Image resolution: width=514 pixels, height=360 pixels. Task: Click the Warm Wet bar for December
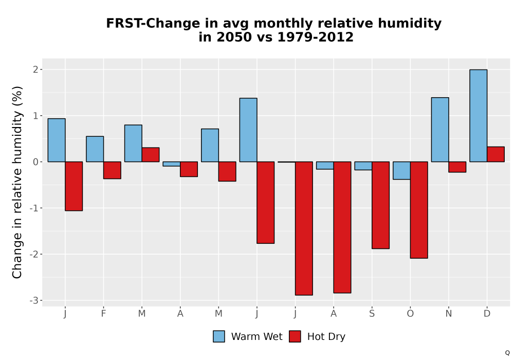tap(478, 116)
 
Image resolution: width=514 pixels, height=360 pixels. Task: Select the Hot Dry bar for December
tap(495, 154)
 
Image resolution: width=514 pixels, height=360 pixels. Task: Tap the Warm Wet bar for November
tap(440, 130)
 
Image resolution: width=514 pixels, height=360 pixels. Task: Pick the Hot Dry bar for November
tap(457, 167)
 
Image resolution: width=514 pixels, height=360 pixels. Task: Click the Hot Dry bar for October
tap(419, 210)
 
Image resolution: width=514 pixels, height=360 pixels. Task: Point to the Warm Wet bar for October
tap(401, 171)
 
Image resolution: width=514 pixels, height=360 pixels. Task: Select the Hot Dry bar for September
tap(380, 205)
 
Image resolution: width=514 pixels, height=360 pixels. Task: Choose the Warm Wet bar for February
tap(95, 149)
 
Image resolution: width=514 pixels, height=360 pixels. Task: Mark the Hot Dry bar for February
tap(112, 170)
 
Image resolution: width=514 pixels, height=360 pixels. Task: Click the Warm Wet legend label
tap(256, 336)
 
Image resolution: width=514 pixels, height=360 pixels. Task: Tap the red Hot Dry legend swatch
tap(295, 336)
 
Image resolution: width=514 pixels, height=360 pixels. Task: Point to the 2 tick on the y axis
tap(35, 69)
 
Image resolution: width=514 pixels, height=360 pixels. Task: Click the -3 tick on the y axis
tap(34, 301)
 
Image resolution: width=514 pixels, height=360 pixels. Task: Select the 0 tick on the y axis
tap(35, 162)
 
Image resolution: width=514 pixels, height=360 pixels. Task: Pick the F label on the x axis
tap(104, 314)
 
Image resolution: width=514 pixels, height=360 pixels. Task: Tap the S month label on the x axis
tap(372, 314)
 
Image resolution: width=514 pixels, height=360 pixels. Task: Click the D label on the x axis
tap(487, 314)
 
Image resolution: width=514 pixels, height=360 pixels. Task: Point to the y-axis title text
tap(17, 182)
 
